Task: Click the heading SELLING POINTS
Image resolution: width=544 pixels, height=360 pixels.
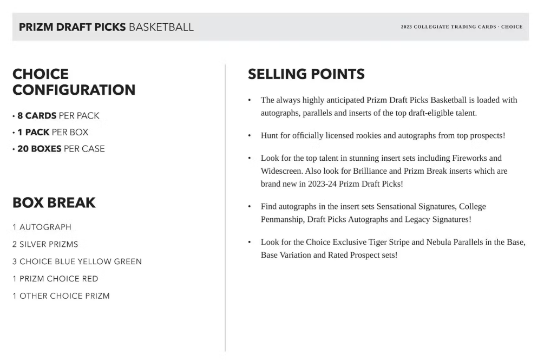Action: coord(306,74)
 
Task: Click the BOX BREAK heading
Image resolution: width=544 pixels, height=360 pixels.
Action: coord(54,203)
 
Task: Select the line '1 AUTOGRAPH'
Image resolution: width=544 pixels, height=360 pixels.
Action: coord(42,227)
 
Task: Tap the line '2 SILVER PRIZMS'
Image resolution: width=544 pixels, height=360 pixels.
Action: coord(45,244)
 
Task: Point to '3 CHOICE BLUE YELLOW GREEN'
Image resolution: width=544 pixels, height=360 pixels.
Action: coord(77,261)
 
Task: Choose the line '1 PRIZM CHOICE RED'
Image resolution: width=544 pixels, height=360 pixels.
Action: coord(55,279)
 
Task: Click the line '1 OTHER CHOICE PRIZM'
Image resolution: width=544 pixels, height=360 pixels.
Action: coord(61,296)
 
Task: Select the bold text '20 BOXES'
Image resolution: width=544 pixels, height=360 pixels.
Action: coord(39,149)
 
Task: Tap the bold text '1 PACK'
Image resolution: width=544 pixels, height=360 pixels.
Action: coord(34,132)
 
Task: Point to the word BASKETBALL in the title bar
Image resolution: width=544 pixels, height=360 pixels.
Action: coord(161,27)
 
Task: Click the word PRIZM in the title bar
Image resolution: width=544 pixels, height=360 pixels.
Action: coord(36,27)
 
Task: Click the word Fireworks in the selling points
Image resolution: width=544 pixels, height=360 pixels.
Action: coord(483,158)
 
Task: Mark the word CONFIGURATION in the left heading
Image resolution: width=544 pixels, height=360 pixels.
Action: coord(74,90)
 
